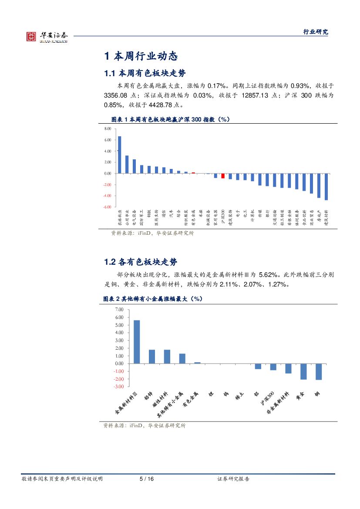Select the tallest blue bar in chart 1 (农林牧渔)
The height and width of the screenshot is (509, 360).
coord(119,155)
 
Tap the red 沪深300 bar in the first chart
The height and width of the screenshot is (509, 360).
coord(223,175)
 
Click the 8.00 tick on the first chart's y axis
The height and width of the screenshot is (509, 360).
coord(108,129)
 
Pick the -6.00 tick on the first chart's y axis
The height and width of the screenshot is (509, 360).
coord(107,207)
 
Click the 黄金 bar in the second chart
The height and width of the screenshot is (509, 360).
coord(303,371)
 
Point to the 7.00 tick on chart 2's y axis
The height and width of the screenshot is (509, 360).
coord(119,310)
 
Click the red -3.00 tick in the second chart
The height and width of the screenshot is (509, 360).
coord(118,387)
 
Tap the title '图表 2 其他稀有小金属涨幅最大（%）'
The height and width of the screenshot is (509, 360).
coord(154,299)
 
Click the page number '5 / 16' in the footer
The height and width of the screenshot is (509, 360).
coord(146,479)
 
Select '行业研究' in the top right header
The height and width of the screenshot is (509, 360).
coord(316,32)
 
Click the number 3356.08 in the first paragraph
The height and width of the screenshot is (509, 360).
coord(116,94)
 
